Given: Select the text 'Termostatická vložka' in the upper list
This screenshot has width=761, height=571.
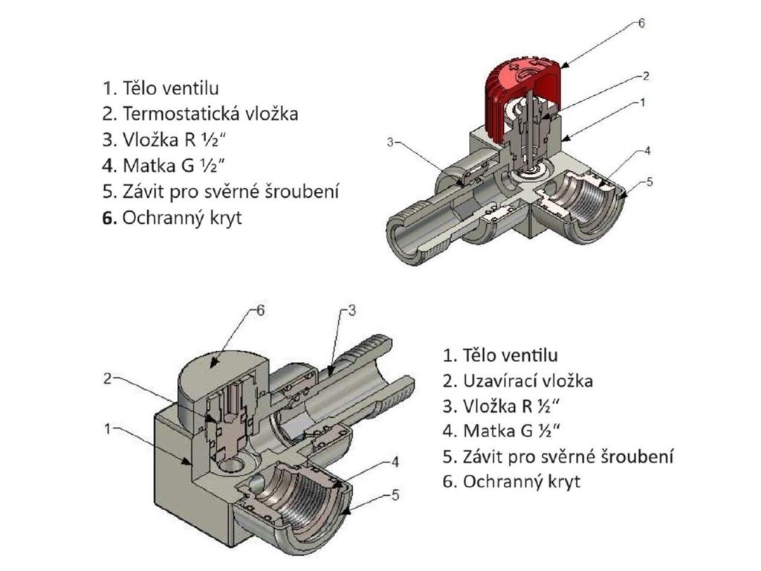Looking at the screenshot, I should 210,114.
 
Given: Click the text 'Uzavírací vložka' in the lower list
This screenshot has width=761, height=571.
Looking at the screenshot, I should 528,381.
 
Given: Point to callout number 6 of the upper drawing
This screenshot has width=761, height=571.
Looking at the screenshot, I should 641,23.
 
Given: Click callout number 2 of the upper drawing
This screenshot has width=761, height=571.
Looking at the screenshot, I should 646,75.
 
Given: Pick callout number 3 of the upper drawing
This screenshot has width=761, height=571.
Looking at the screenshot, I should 389,141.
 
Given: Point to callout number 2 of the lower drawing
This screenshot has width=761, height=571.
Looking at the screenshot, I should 108,378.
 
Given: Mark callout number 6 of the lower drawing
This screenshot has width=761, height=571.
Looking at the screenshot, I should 260,311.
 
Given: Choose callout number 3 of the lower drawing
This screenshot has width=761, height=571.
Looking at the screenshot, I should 353,311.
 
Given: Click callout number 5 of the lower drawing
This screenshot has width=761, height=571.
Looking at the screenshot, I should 395,494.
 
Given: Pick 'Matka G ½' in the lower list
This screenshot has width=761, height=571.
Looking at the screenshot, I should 511,430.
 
